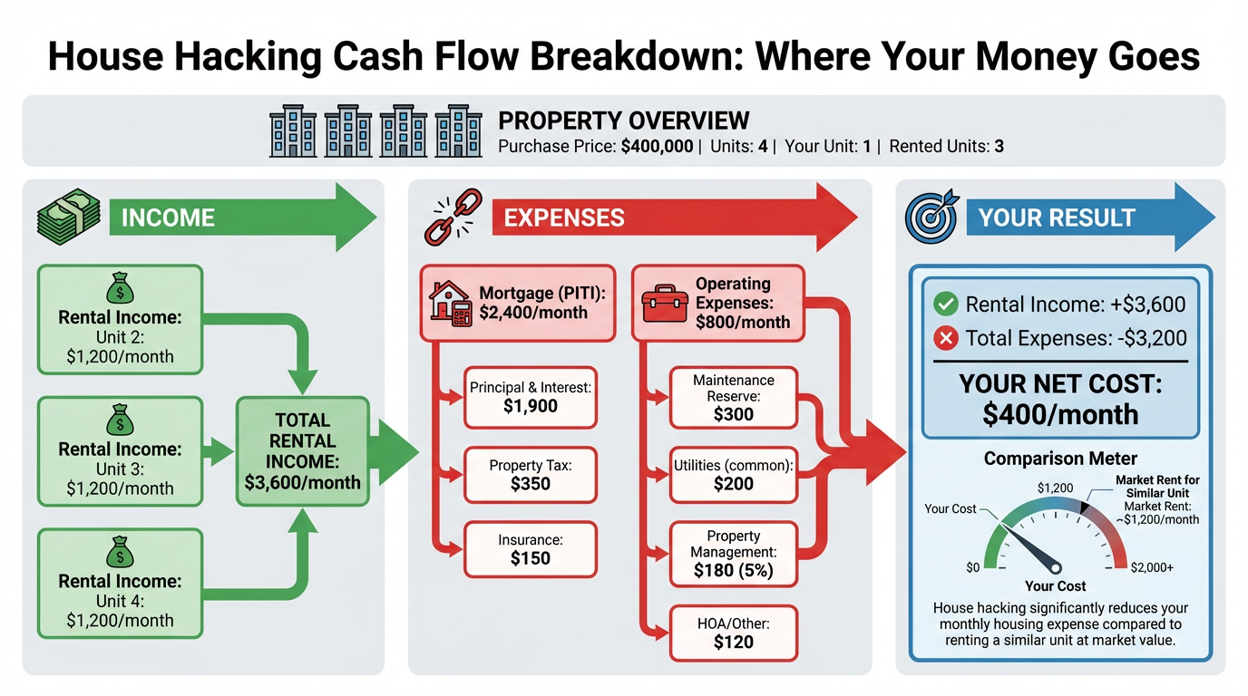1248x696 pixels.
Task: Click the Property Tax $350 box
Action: [530, 475]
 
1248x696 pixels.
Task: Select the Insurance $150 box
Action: [530, 549]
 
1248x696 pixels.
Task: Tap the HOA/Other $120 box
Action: [733, 633]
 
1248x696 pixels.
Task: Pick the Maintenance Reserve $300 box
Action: [733, 398]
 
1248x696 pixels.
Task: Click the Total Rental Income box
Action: [302, 451]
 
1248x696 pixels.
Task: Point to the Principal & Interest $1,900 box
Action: [530, 398]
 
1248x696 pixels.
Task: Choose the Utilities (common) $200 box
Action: [733, 475]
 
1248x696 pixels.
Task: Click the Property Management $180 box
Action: [733, 553]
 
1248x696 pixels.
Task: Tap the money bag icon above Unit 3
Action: [120, 420]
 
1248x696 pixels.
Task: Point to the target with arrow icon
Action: [929, 217]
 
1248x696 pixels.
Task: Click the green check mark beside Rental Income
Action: [945, 304]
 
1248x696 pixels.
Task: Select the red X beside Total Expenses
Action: [945, 339]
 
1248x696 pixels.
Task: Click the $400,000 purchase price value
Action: [657, 146]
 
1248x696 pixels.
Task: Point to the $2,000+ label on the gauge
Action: [1152, 567]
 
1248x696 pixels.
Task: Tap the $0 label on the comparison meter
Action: [972, 567]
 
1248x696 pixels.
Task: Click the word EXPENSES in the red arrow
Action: [563, 217]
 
